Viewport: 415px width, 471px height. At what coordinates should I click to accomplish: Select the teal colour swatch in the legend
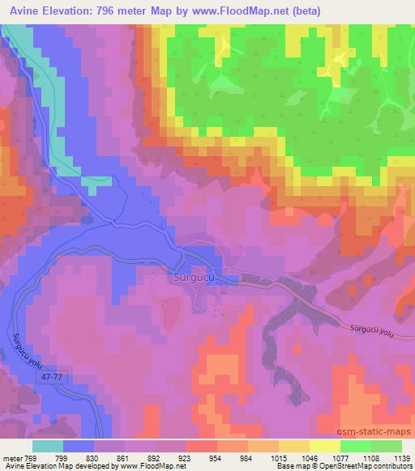point(49,446)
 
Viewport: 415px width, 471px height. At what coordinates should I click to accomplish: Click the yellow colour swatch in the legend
point(324,446)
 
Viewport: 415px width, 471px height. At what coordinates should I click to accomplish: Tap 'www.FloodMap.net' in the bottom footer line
point(153,465)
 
